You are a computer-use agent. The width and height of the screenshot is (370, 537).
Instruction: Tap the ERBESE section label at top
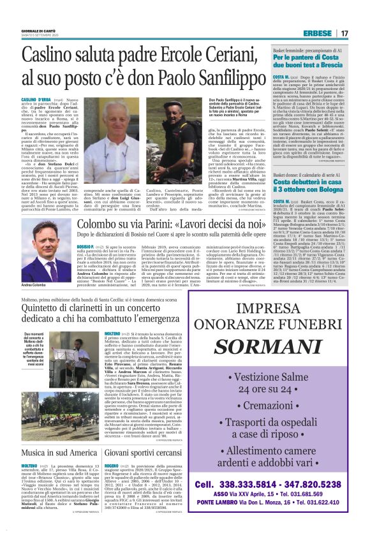320,33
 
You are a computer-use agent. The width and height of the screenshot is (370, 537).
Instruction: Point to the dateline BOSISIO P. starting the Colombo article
87,246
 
